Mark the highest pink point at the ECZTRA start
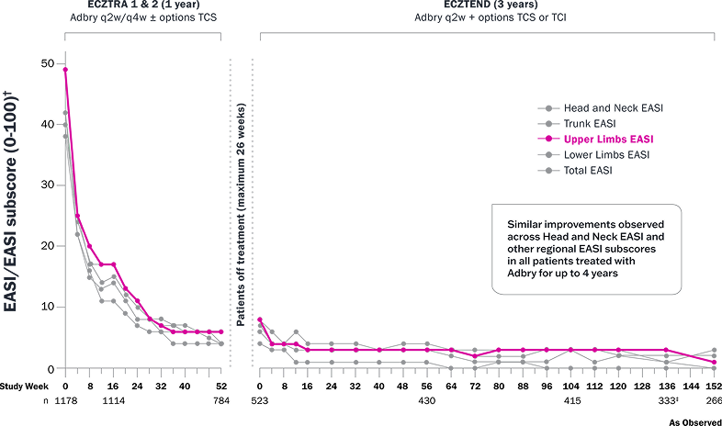[65, 68]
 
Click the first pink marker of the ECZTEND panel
[260, 320]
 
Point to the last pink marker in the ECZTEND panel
[716, 362]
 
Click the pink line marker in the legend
[549, 139]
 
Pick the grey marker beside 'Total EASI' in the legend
[549, 170]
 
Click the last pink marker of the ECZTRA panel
[221, 331]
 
